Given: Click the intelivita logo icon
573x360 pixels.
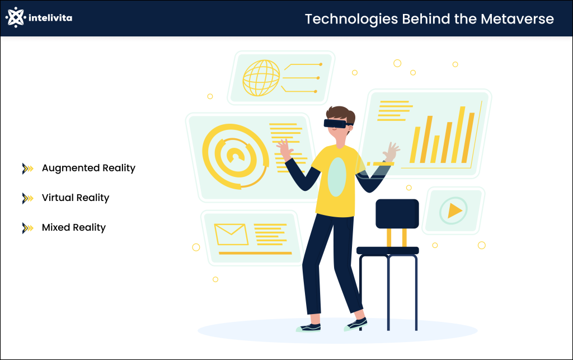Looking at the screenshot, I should tap(16, 18).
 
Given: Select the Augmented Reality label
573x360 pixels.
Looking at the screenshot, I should tap(88, 168).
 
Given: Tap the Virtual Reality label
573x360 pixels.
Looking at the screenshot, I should tap(76, 198).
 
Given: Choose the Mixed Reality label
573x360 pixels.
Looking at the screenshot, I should tap(74, 227).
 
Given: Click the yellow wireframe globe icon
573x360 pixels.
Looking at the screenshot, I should tap(261, 78).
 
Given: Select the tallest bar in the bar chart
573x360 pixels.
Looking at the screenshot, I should tap(462, 134).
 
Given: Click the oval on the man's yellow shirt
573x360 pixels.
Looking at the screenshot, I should tap(336, 176).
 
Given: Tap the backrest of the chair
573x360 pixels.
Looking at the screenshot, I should tap(397, 213).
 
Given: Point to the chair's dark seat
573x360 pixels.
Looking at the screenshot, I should tap(387, 250).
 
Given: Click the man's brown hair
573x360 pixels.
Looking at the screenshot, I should tap(337, 111).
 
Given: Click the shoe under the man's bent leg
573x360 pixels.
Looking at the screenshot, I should tap(356, 323).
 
